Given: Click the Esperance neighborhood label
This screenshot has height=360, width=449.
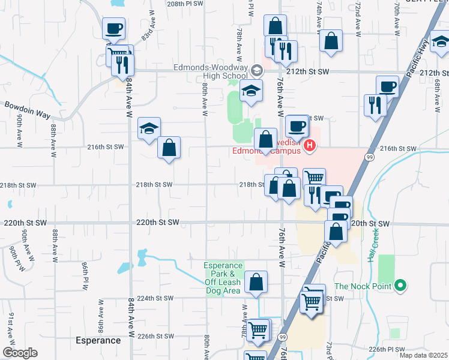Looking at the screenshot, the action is pyautogui.click(x=98, y=340).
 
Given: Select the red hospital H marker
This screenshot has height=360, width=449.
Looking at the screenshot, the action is pyautogui.click(x=310, y=145).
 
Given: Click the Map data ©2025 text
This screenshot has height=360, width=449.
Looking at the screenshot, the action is pyautogui.click(x=424, y=356).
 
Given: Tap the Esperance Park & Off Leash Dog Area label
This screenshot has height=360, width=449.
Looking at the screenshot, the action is pyautogui.click(x=223, y=278).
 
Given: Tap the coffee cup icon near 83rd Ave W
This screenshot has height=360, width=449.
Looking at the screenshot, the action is pyautogui.click(x=113, y=28).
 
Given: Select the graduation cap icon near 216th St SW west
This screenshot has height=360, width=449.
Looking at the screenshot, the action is pyautogui.click(x=149, y=128).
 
